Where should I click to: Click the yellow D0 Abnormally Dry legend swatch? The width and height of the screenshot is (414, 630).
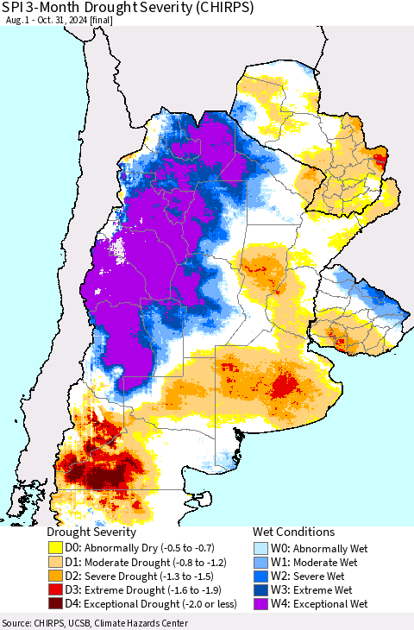tap(57, 547)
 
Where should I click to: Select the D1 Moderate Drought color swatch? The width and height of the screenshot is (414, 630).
tap(57, 561)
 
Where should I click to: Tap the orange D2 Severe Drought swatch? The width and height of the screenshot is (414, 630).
tap(57, 576)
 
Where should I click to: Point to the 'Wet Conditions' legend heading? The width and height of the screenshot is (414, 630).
tap(293, 532)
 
